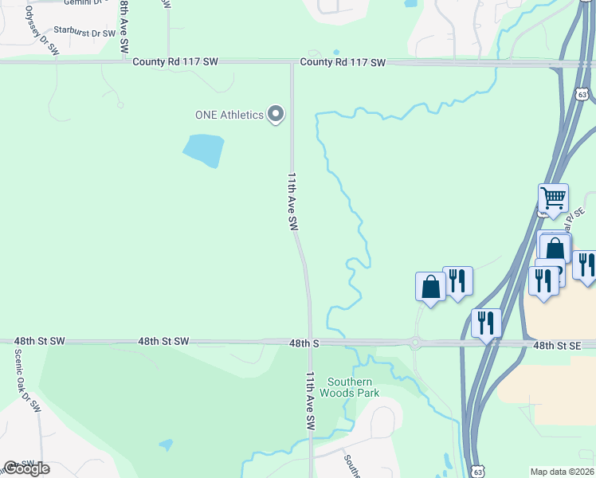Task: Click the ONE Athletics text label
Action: coord(229,115)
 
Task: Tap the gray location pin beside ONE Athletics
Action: coord(276,115)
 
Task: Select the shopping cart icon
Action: coord(553,197)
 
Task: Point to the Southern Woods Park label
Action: coord(349,386)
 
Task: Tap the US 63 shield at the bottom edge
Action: coord(476,470)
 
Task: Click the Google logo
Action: coord(26,468)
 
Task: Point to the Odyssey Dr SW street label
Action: coord(41,31)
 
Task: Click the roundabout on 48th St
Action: coord(415,343)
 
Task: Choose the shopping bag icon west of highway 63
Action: coord(430,286)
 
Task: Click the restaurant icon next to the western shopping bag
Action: coord(457,280)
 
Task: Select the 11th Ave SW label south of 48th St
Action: coord(311,402)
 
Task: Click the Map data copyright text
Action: coord(563,472)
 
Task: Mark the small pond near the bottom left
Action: coord(166,444)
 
